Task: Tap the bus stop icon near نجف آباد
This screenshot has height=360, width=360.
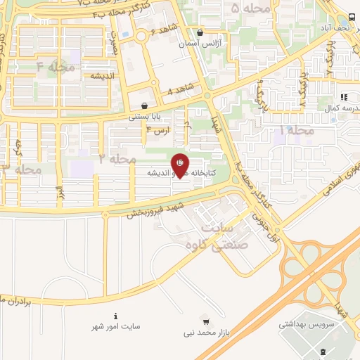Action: click(351, 17)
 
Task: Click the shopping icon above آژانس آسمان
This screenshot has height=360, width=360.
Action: click(200, 32)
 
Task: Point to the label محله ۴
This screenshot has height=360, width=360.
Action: click(55, 66)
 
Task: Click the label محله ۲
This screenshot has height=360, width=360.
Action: click(117, 160)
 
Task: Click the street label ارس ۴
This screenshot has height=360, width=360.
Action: click(159, 130)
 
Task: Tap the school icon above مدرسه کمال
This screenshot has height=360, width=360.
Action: click(343, 98)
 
